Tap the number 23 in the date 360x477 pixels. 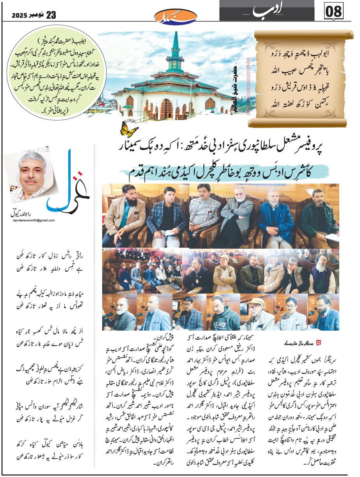point(51,15)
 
